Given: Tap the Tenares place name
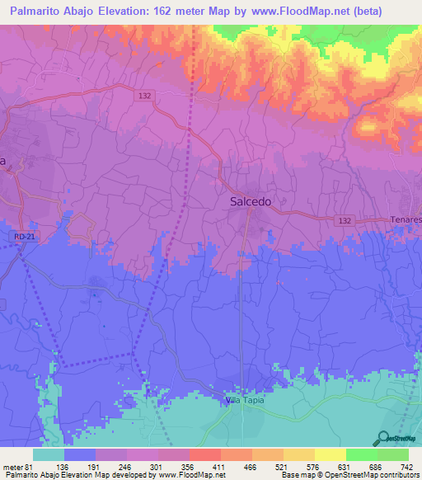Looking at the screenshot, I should (x=406, y=220).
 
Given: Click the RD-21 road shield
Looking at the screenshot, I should (x=23, y=237).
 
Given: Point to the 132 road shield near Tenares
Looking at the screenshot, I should (x=346, y=220).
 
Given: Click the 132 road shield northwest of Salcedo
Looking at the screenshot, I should (x=145, y=96).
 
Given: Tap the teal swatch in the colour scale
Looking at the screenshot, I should (x=49, y=455).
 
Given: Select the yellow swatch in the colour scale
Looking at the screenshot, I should (x=330, y=455).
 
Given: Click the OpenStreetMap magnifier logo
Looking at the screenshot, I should (x=383, y=439).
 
